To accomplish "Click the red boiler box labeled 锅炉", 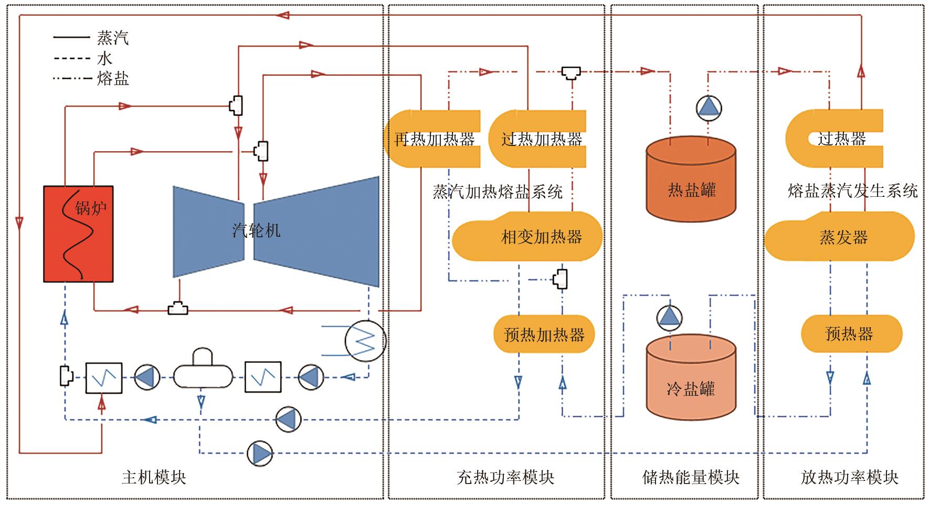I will click(79, 234).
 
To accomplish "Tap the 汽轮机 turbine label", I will click(256, 230).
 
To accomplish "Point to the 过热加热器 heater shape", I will click(541, 139).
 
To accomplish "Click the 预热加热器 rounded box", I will click(544, 334).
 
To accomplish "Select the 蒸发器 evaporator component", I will click(843, 237).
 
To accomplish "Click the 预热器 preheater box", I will click(851, 334).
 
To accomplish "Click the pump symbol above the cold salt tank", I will click(670, 317).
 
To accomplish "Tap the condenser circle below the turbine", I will click(365, 341).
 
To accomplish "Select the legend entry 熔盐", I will click(112, 79).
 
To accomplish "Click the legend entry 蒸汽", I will click(112, 38).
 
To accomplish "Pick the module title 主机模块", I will click(154, 477).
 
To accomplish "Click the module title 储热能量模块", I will click(691, 477).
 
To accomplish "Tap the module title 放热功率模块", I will click(849, 477).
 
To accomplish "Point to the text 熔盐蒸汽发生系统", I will click(852, 191).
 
